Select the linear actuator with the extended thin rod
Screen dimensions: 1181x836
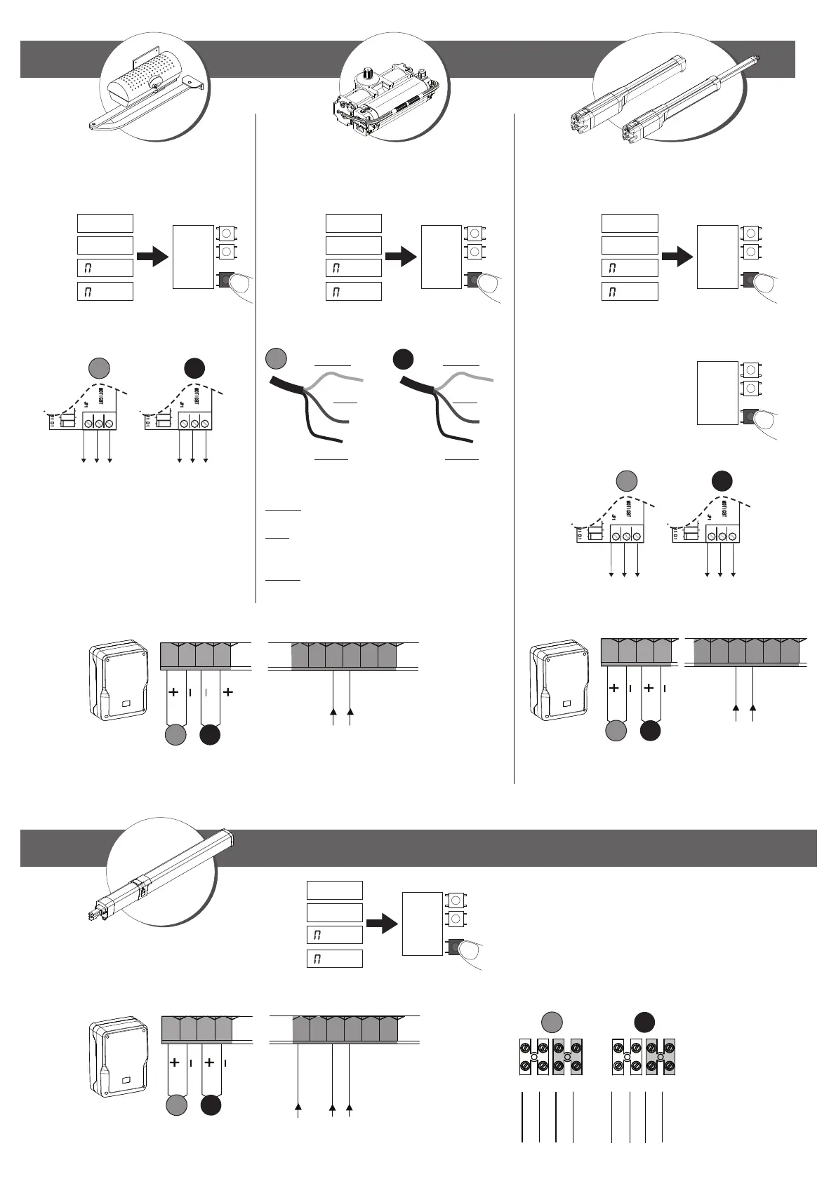tap(691, 99)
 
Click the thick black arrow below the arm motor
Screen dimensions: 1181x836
tap(153, 257)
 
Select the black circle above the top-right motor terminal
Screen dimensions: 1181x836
tap(722, 481)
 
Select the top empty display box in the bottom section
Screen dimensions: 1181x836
tap(335, 890)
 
